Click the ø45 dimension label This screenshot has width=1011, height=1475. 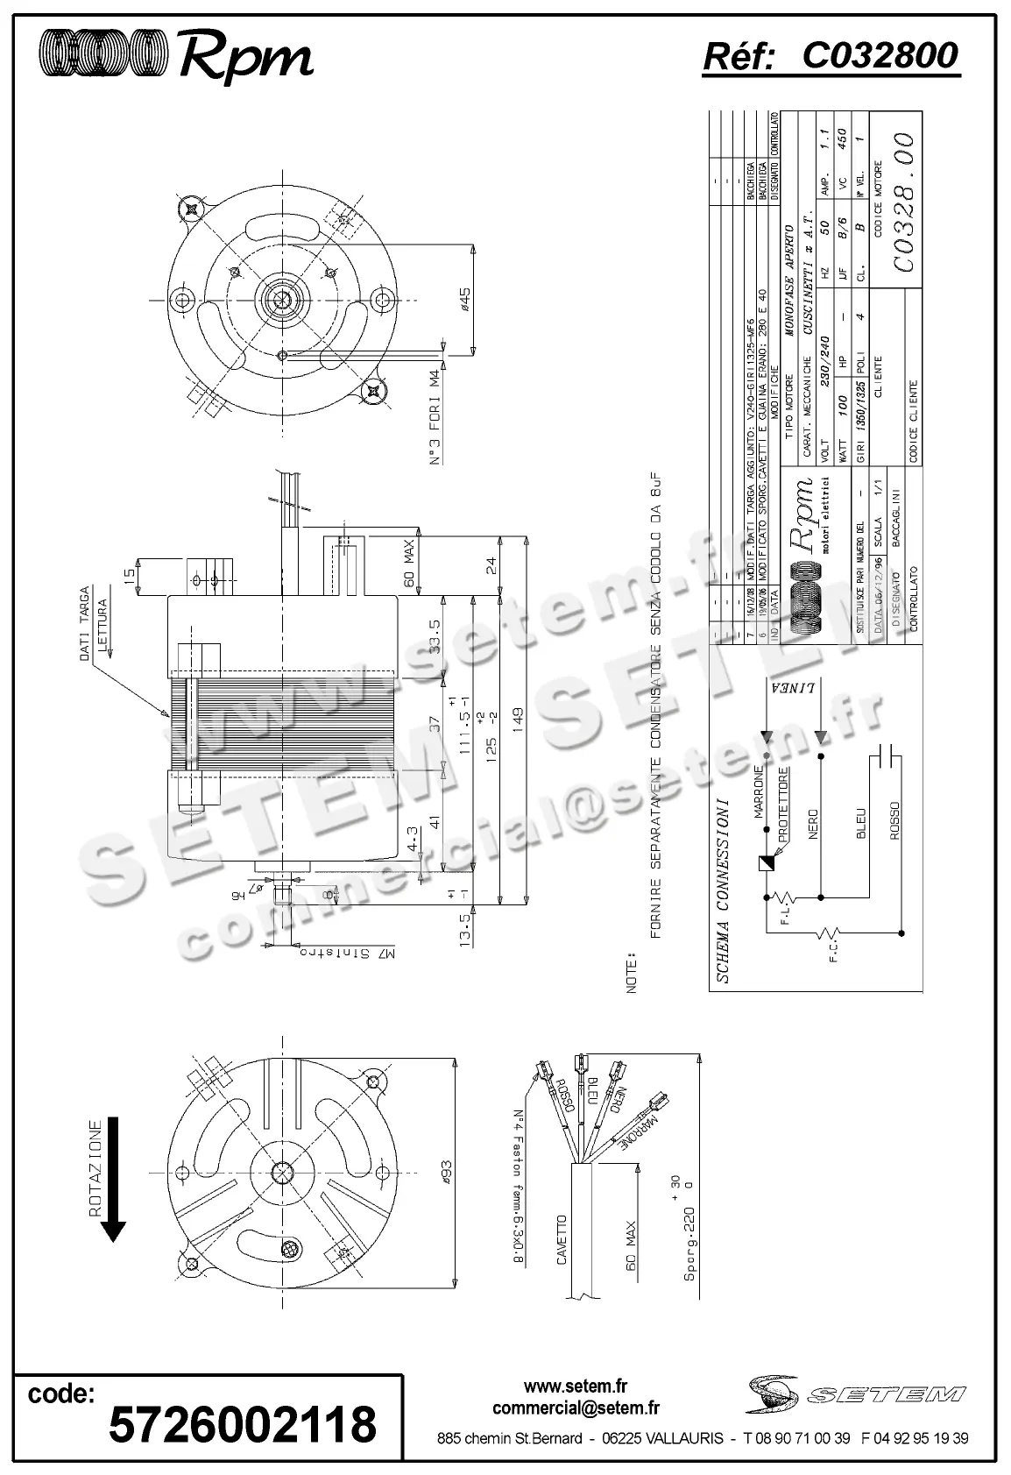click(x=465, y=300)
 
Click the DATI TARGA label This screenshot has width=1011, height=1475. click(x=86, y=623)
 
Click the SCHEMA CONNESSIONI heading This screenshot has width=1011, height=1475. click(x=723, y=890)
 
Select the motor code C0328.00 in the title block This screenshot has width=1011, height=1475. click(x=902, y=202)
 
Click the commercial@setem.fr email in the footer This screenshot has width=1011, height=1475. click(x=576, y=1408)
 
